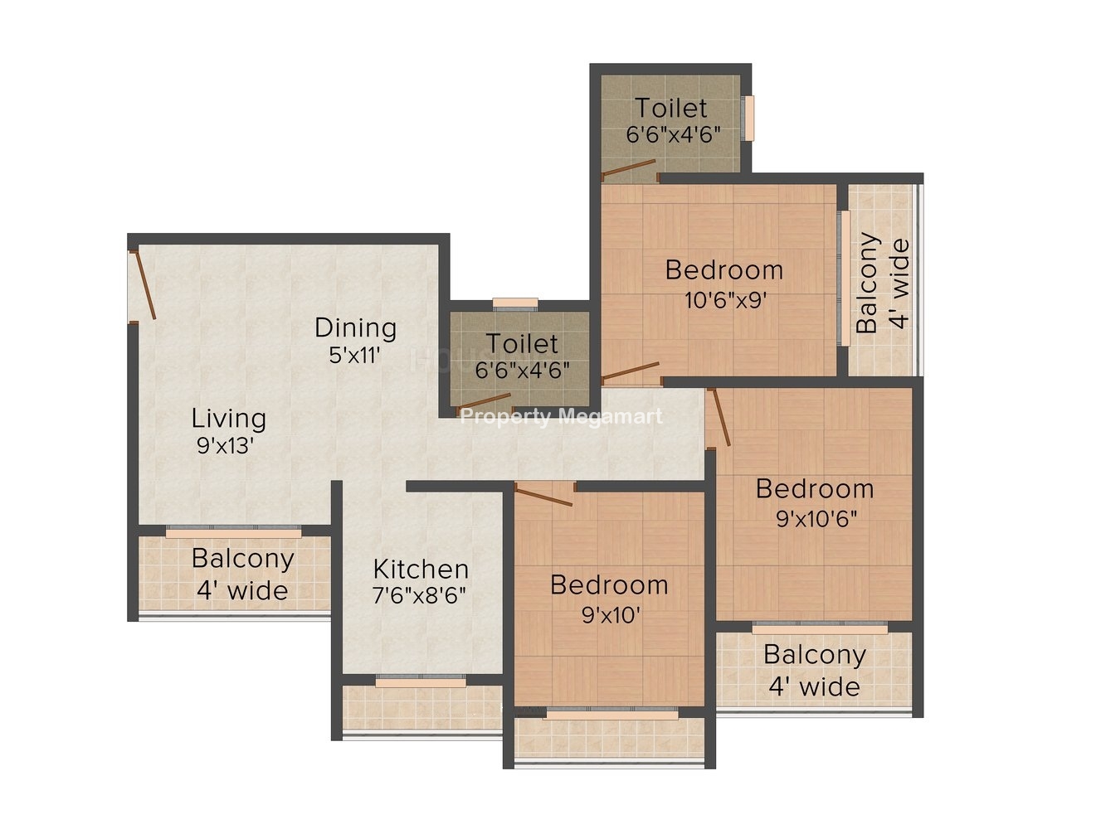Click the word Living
pos(229,419)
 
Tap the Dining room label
pos(356,327)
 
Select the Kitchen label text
pos(421,570)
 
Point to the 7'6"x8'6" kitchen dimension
pos(419,596)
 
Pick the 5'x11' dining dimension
pos(354,356)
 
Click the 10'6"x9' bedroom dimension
pos(725,300)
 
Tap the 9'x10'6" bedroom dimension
pos(816,518)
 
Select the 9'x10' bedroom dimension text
pos(611,614)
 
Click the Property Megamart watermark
pos(562,417)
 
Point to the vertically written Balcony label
pos(868,283)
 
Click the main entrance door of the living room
pos(143,285)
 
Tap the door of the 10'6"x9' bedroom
pos(631,371)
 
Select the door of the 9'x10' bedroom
pos(543,495)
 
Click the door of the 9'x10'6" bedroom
pos(719,417)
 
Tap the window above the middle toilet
pos(515,304)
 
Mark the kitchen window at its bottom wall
pos(421,681)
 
